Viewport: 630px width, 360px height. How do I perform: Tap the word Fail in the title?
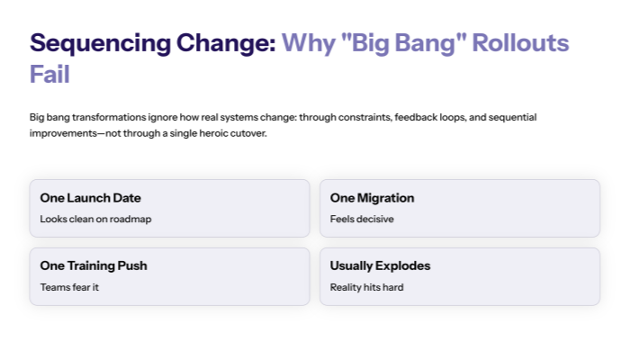point(49,74)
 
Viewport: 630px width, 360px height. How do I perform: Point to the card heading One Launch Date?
point(90,198)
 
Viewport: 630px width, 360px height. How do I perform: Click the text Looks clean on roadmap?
point(95,219)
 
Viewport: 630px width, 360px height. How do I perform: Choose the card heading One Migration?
point(372,198)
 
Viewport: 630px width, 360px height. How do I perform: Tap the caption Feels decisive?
point(362,219)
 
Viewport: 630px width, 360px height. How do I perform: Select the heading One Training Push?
point(94,265)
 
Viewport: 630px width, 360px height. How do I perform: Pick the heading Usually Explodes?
point(380,265)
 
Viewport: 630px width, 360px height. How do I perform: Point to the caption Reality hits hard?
point(366,287)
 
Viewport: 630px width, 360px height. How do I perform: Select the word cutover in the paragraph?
point(248,134)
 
